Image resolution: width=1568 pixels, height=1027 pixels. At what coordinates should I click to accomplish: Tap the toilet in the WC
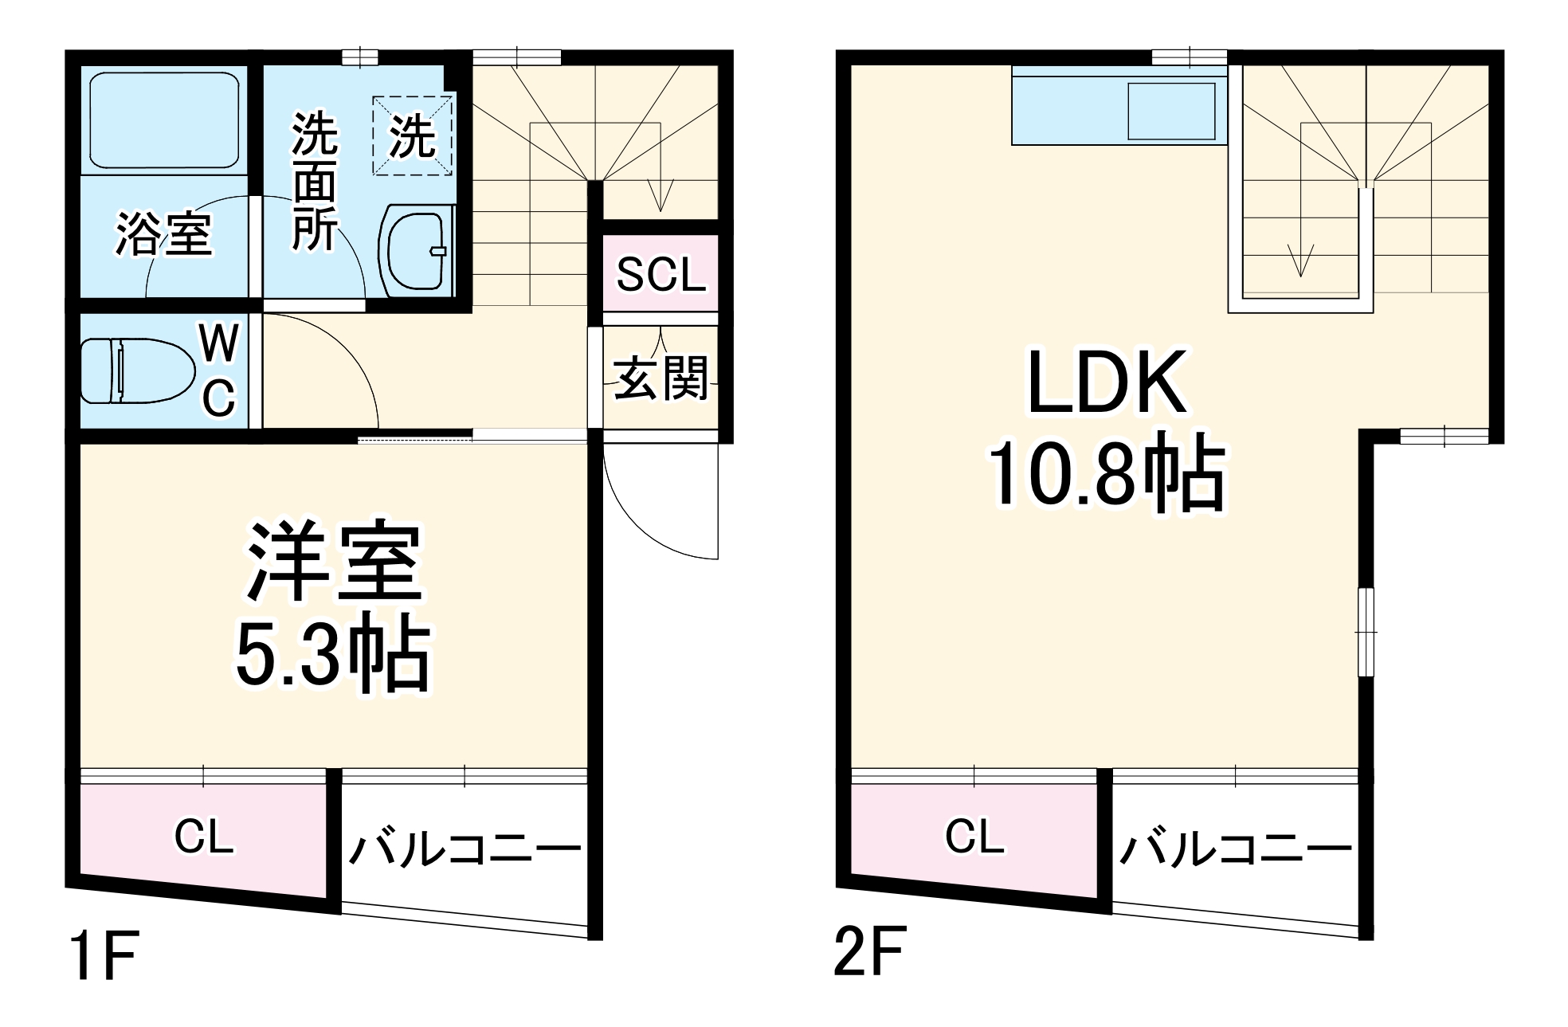(x=138, y=371)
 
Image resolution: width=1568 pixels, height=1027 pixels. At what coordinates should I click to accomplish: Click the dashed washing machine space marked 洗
(x=413, y=135)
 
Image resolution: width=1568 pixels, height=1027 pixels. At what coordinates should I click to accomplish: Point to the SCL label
(x=661, y=275)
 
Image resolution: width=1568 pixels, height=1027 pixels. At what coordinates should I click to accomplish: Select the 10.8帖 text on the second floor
(x=1107, y=473)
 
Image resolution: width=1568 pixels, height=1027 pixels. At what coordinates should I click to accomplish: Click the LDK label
(x=1107, y=382)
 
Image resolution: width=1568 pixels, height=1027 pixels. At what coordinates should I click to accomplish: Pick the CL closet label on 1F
(x=204, y=837)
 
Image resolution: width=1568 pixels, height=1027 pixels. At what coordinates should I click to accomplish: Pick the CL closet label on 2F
(x=974, y=837)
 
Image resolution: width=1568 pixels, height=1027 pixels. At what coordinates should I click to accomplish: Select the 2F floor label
(x=869, y=951)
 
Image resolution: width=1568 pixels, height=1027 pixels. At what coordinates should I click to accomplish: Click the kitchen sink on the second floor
(x=1171, y=112)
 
